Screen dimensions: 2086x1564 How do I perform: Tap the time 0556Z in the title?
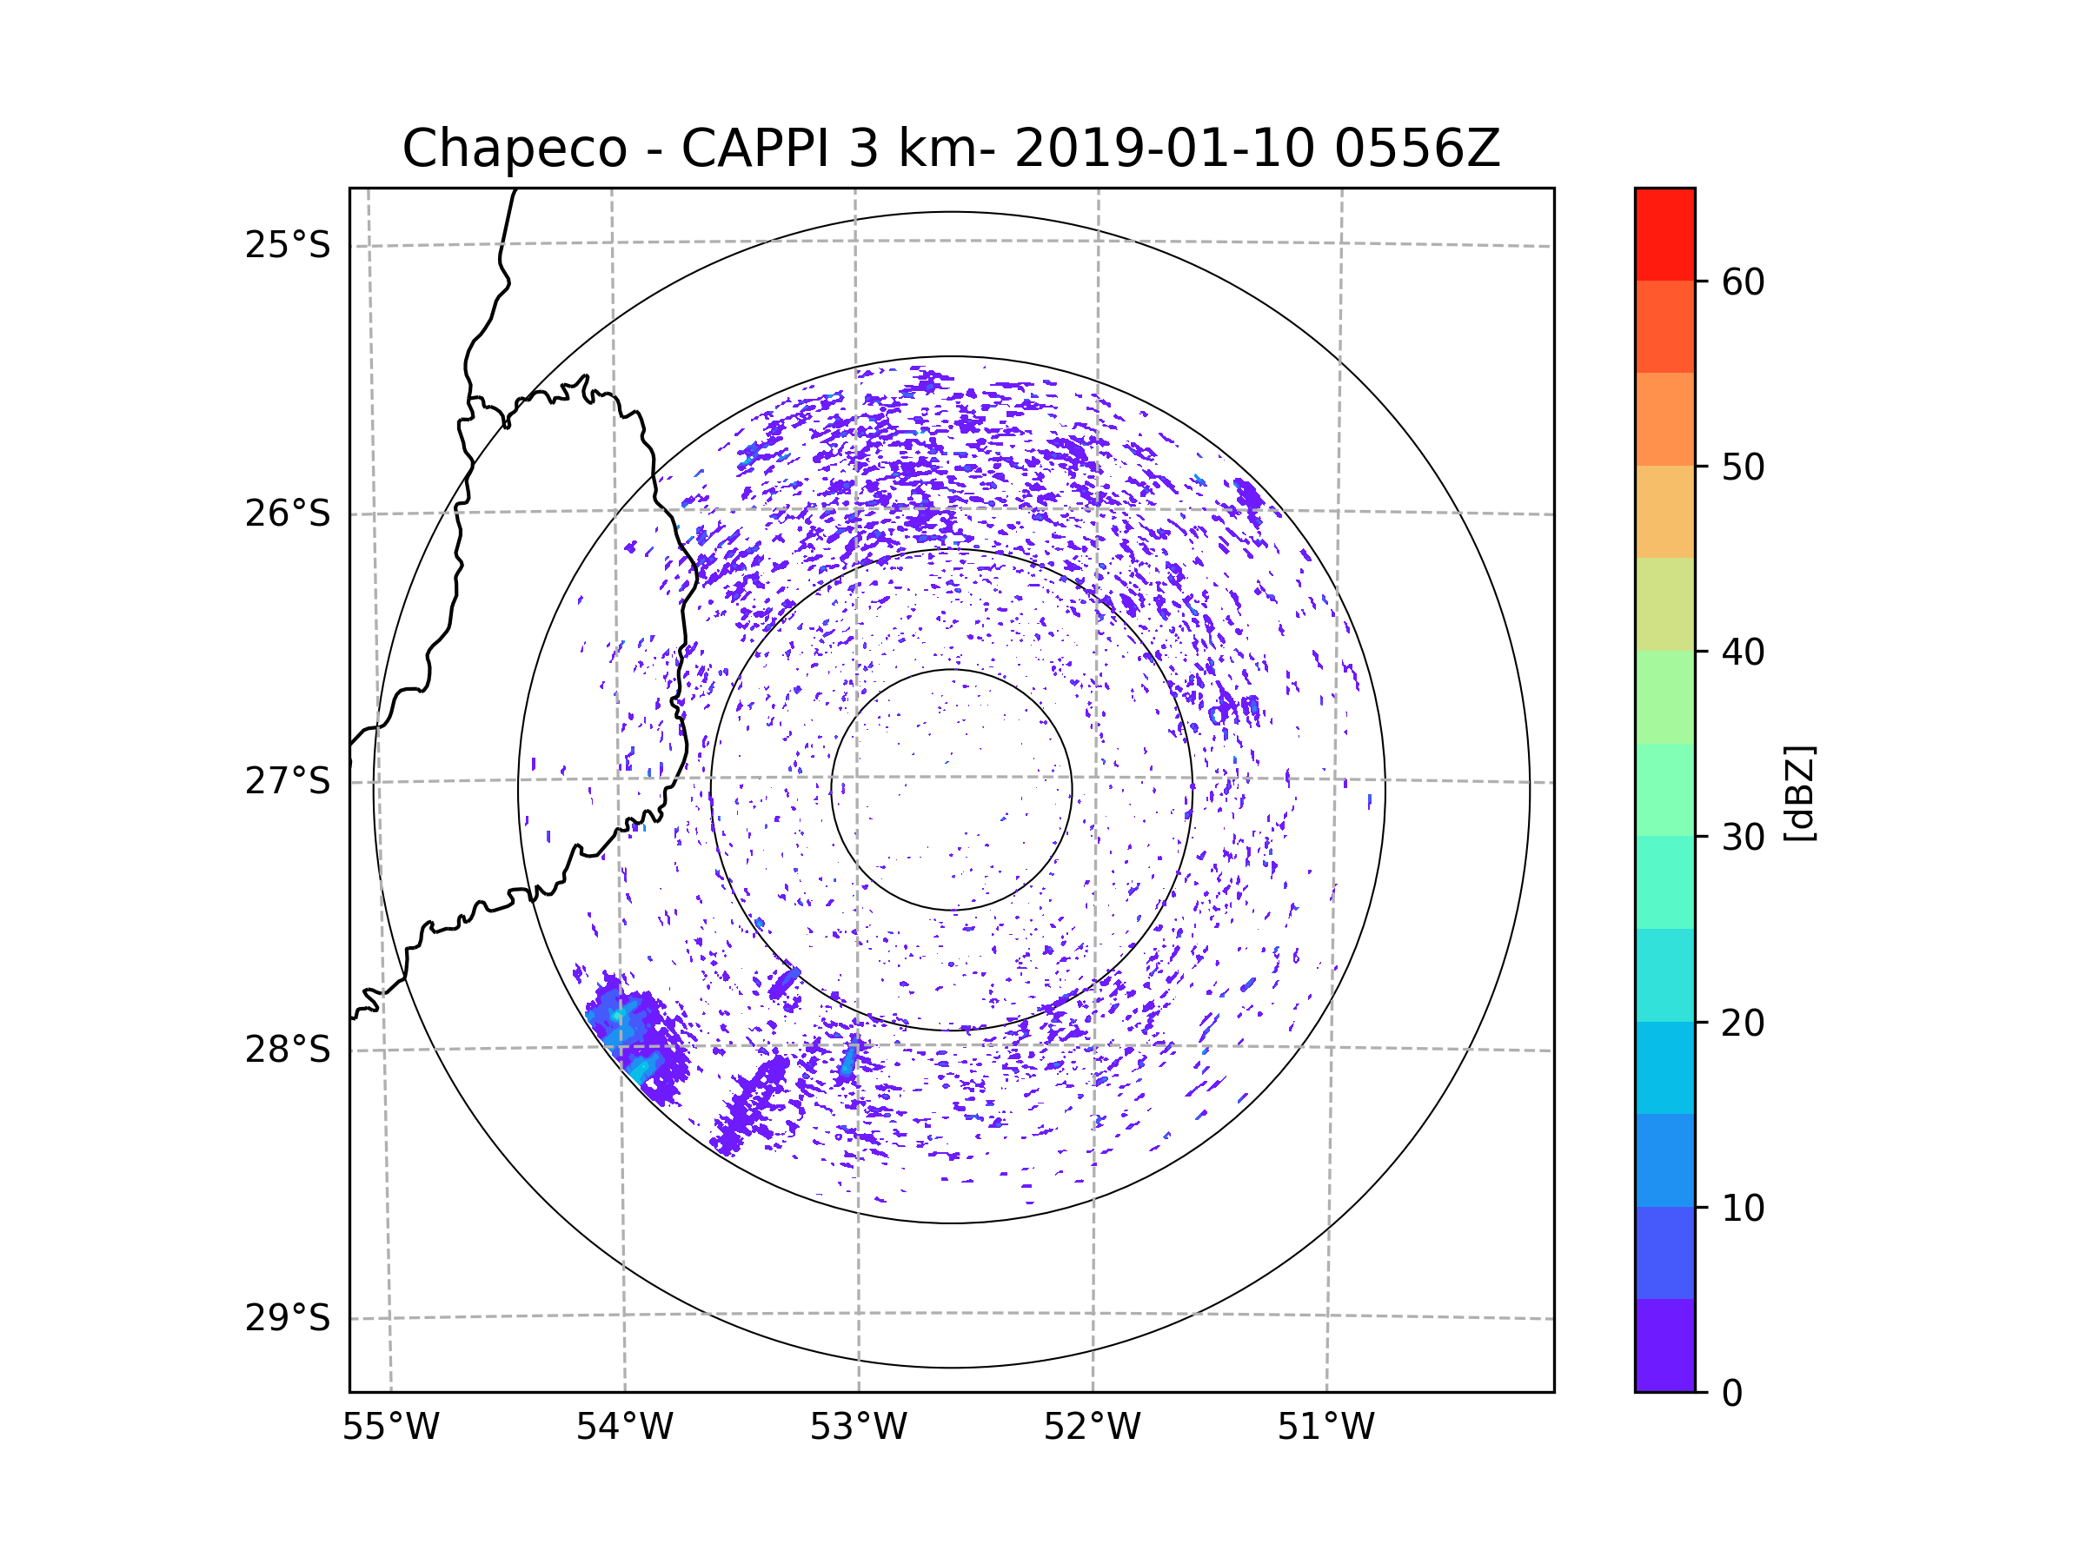click(1417, 149)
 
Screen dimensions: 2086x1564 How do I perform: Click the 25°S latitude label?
click(288, 245)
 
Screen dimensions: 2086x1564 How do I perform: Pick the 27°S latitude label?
click(288, 781)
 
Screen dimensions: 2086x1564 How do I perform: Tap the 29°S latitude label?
click(288, 1318)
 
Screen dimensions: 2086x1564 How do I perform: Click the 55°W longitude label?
click(390, 1428)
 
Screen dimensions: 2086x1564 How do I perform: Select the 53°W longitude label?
click(858, 1428)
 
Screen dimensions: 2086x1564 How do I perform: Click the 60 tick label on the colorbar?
click(1743, 282)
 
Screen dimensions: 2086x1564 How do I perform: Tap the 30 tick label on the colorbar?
click(1743, 837)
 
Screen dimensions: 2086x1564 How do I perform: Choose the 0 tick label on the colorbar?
click(1732, 1394)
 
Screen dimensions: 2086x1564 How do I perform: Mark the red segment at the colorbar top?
click(1664, 235)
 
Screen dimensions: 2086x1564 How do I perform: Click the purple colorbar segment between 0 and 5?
click(1664, 1345)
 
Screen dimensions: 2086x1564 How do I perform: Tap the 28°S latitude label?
click(288, 1050)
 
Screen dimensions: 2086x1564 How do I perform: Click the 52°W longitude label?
click(1092, 1428)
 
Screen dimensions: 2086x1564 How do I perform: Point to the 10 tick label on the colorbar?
click(1743, 1208)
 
